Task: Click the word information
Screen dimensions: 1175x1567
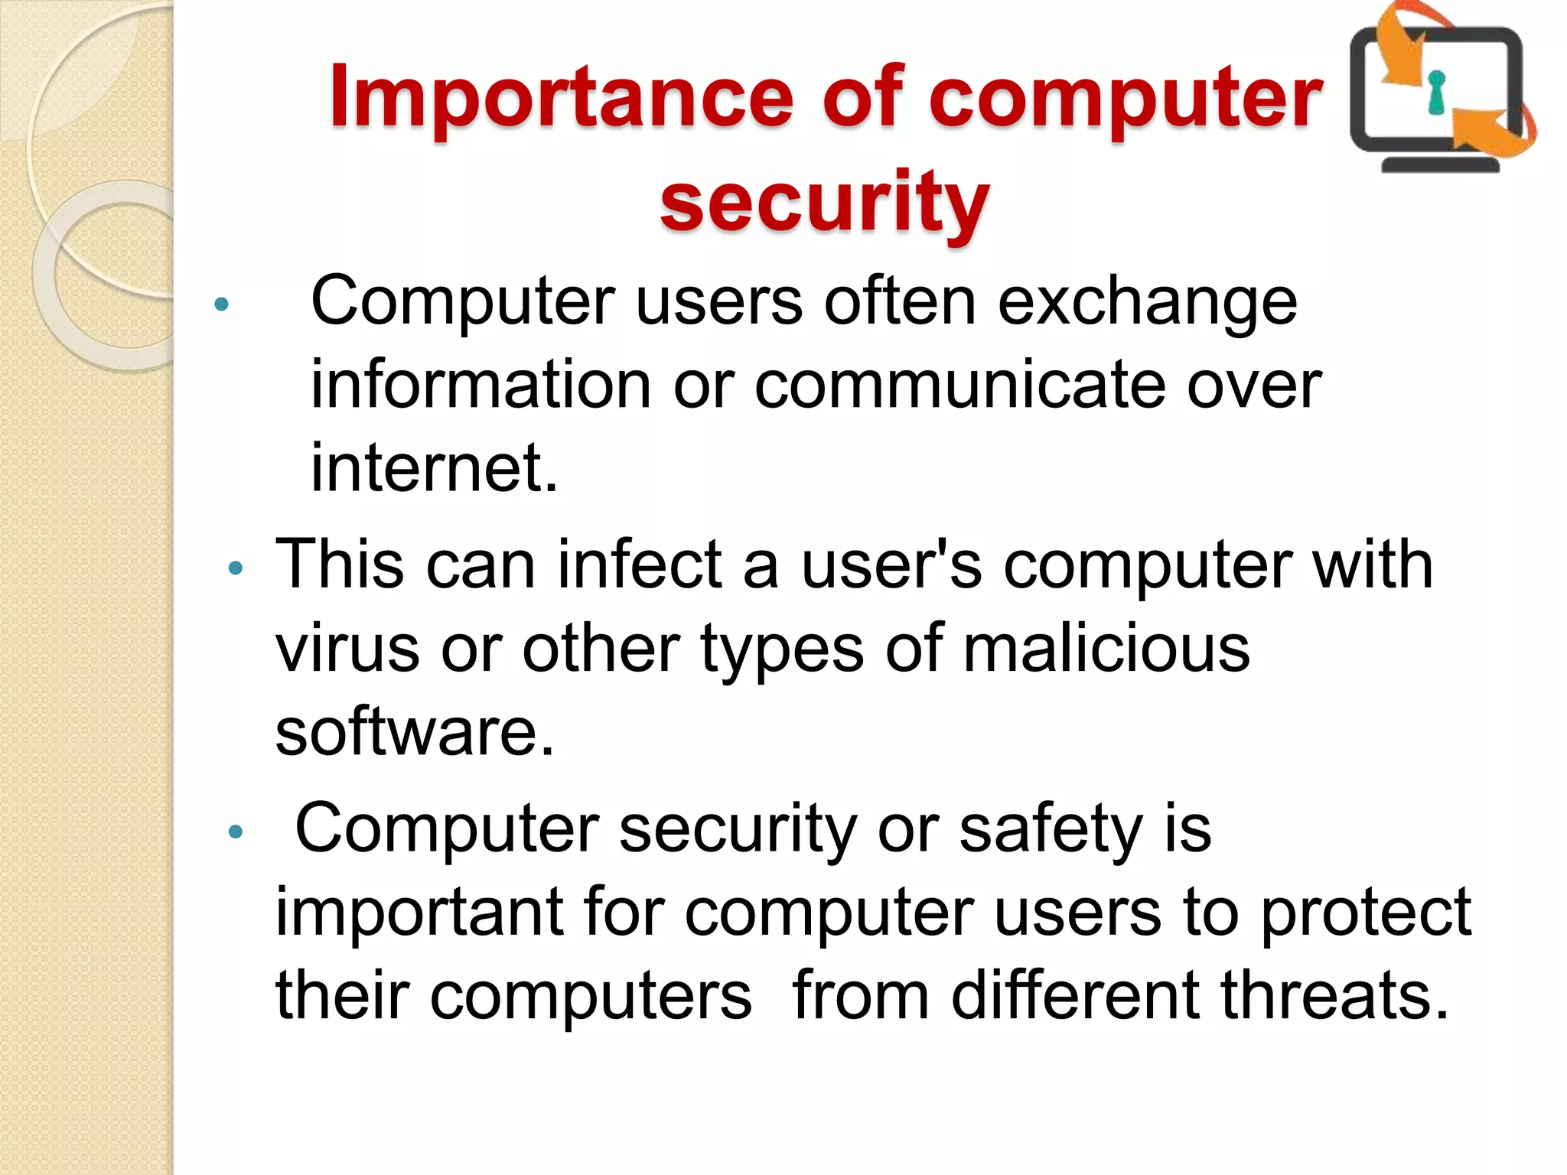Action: click(481, 385)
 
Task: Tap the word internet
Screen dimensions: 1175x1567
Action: click(434, 468)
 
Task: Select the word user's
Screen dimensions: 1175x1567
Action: click(891, 565)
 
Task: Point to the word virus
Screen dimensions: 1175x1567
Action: click(347, 649)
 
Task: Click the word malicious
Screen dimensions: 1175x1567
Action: click(1106, 649)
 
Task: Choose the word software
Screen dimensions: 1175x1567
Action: click(414, 732)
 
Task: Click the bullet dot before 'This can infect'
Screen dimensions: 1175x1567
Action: click(236, 568)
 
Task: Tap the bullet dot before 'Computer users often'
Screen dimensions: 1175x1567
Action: click(222, 304)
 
